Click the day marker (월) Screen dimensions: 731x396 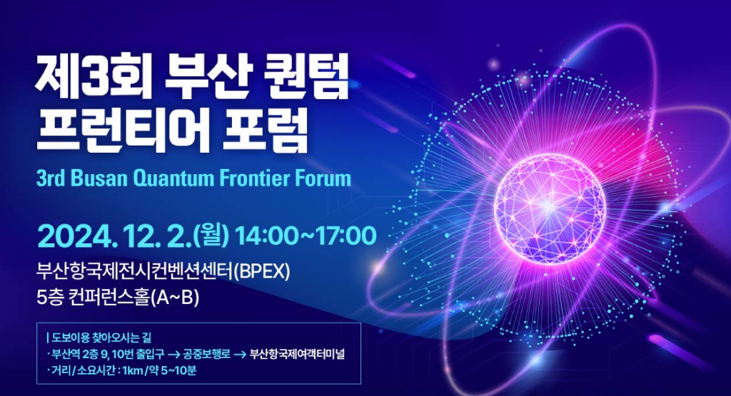[212, 236]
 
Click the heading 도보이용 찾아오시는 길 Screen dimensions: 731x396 [101, 337]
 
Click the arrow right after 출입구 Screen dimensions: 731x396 [174, 355]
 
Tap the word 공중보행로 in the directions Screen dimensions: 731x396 [206, 355]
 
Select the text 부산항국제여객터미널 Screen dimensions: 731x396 [297, 354]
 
